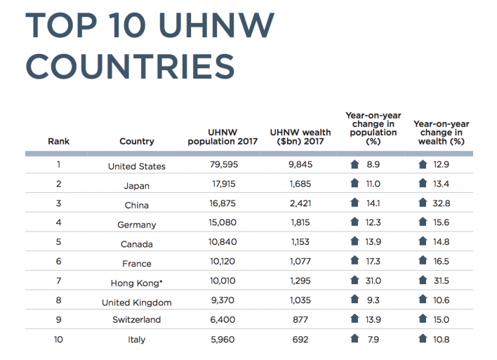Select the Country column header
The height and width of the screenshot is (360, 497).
137,142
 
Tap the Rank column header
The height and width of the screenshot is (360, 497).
59,142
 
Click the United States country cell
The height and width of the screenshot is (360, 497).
137,166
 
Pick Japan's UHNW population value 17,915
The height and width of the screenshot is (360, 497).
223,185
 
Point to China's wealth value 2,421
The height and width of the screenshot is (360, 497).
298,204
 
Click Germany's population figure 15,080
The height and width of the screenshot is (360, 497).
223,225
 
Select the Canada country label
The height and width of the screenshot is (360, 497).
137,244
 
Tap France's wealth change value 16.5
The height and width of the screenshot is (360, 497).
441,262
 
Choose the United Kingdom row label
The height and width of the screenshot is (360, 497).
137,302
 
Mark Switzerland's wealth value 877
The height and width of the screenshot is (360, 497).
298,320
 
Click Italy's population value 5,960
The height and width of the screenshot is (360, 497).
223,340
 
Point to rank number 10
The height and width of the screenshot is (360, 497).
59,340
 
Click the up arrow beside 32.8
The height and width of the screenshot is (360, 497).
423,204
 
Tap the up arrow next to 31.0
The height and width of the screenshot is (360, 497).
355,281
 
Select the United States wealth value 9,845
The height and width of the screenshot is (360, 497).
298,166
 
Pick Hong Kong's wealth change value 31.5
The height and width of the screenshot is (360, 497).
441,282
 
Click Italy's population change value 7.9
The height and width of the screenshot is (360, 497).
372,340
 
